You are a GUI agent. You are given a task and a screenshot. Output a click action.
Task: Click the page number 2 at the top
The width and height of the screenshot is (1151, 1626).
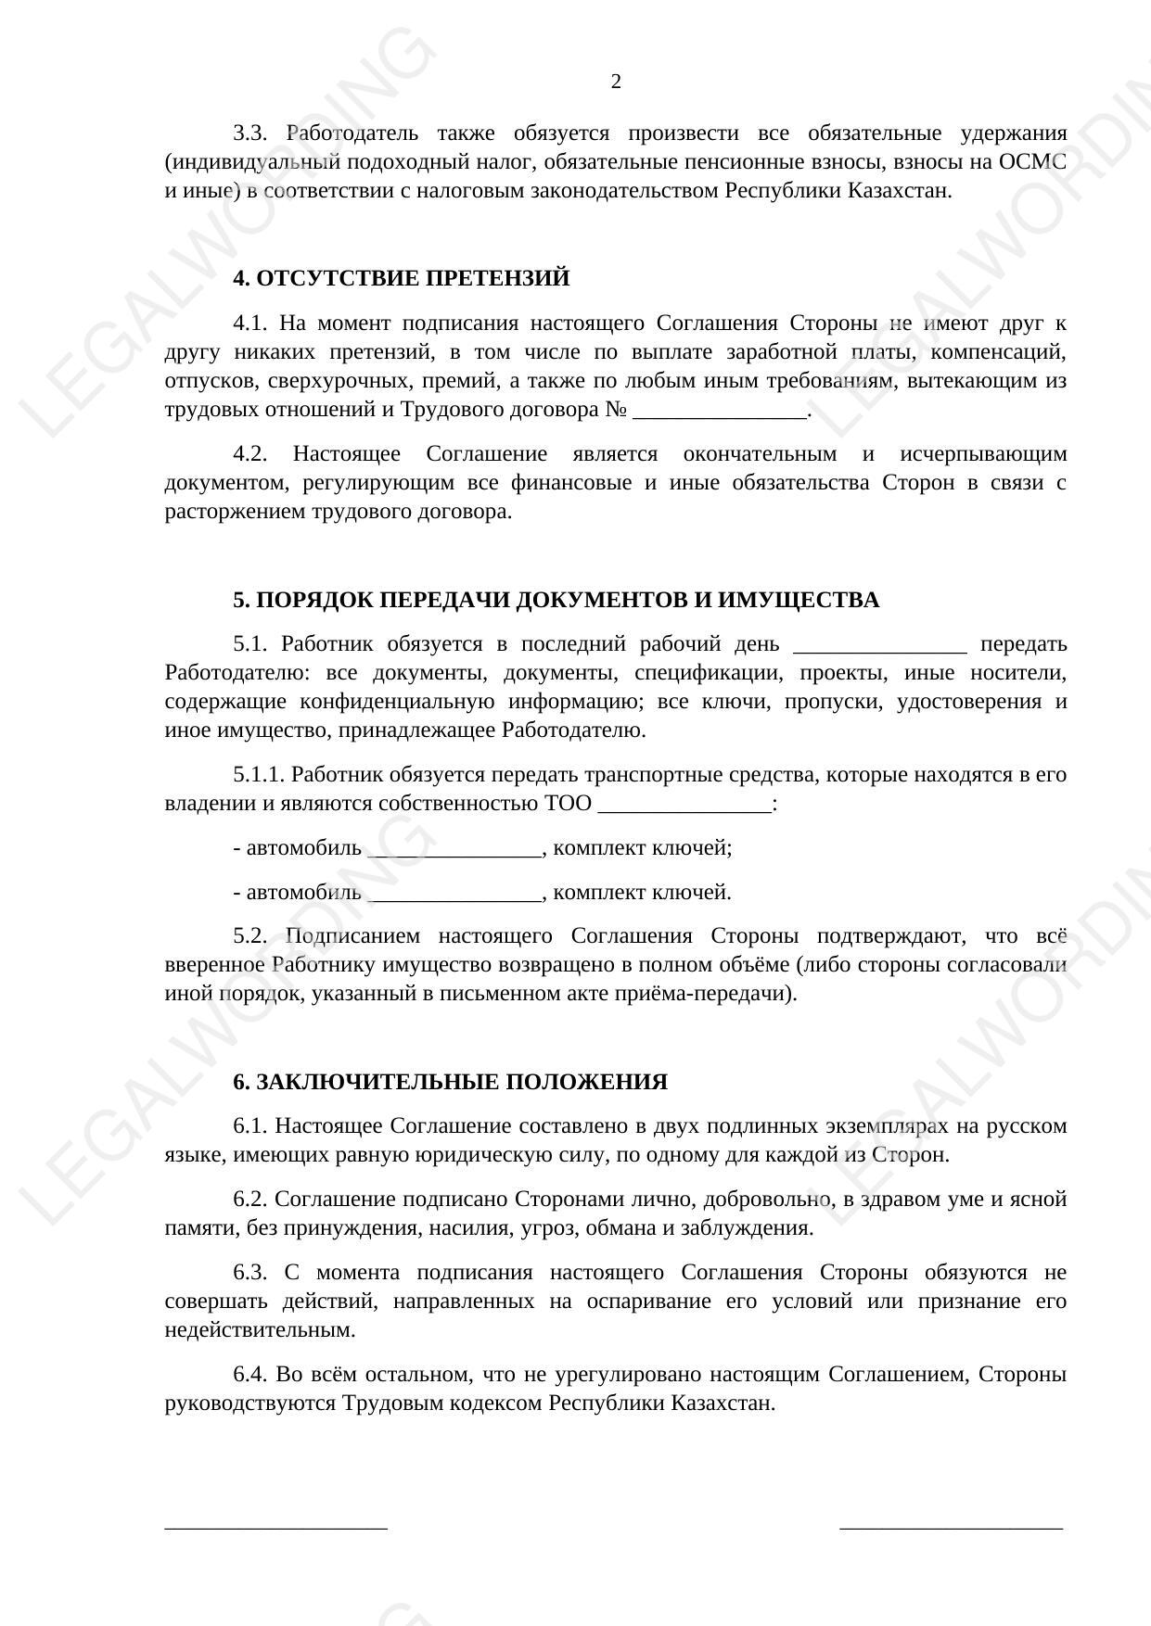pyautogui.click(x=616, y=83)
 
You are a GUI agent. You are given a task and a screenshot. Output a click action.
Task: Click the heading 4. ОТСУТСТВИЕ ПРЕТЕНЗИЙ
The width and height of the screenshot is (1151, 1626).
pyautogui.click(x=401, y=279)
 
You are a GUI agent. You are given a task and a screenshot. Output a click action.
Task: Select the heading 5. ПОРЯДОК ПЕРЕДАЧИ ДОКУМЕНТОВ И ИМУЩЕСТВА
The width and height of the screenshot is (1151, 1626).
pyautogui.click(x=556, y=601)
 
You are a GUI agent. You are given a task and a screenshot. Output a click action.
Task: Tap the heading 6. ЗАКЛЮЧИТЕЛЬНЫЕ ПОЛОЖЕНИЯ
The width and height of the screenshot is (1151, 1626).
pyautogui.click(x=450, y=1083)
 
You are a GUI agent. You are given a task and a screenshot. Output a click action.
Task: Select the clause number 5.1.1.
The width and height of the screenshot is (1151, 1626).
pyautogui.click(x=261, y=775)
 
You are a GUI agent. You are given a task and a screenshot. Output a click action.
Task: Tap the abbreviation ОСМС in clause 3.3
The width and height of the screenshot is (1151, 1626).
pyautogui.click(x=1032, y=162)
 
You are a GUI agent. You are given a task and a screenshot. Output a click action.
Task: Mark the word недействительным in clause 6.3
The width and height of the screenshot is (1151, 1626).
pyautogui.click(x=260, y=1330)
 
